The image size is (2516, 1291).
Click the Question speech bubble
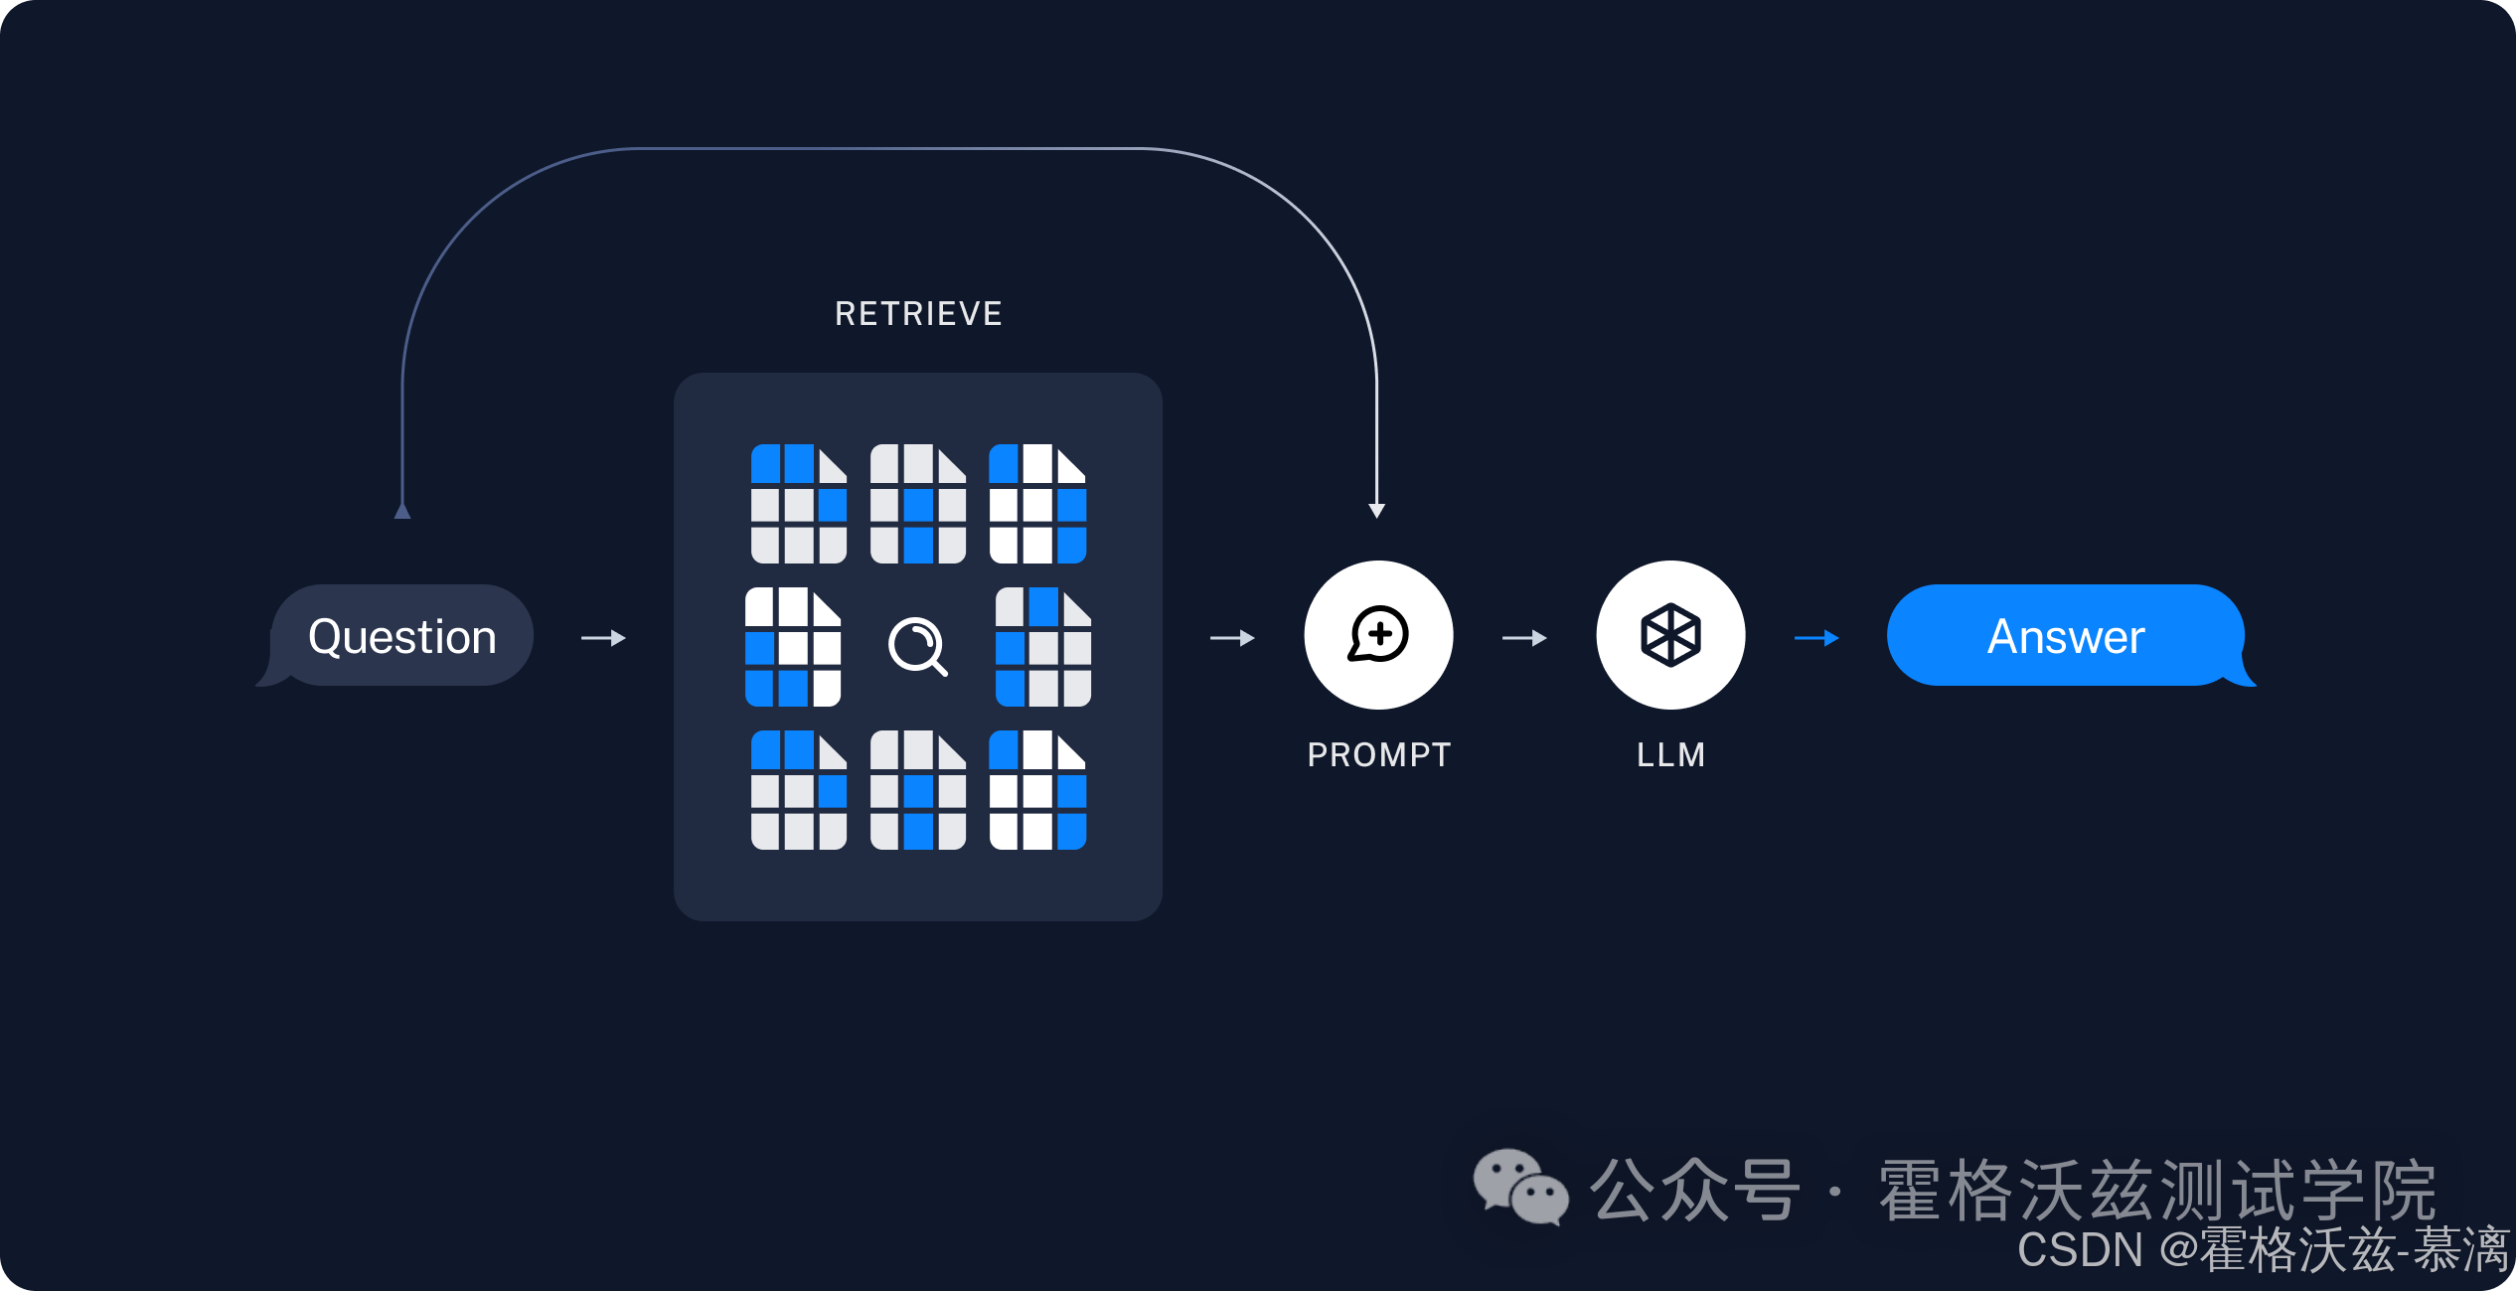tap(401, 636)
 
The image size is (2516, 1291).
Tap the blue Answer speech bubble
tap(2066, 636)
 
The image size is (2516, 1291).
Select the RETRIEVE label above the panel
tap(918, 314)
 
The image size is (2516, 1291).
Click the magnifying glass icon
tap(917, 646)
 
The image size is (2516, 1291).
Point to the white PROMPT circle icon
tap(1378, 635)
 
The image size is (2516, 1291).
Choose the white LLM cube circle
tap(1670, 635)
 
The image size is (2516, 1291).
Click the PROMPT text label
tap(1378, 755)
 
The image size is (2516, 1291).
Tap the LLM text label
tap(1670, 755)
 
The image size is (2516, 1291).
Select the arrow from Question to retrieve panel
tap(603, 638)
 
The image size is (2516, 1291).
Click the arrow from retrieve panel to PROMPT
tap(1232, 638)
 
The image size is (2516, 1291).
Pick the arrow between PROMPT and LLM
tap(1524, 638)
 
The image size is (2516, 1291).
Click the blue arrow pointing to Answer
tap(1816, 638)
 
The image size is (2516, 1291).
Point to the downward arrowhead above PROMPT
tap(1376, 510)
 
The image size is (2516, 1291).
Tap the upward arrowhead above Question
tap(402, 510)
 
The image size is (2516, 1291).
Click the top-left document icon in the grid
tap(798, 504)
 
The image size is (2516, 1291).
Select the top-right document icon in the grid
tap(1037, 504)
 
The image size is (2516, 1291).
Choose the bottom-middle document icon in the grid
tap(917, 790)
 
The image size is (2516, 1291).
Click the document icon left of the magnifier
tap(793, 647)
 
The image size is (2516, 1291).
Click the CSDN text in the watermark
tap(2079, 1250)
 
